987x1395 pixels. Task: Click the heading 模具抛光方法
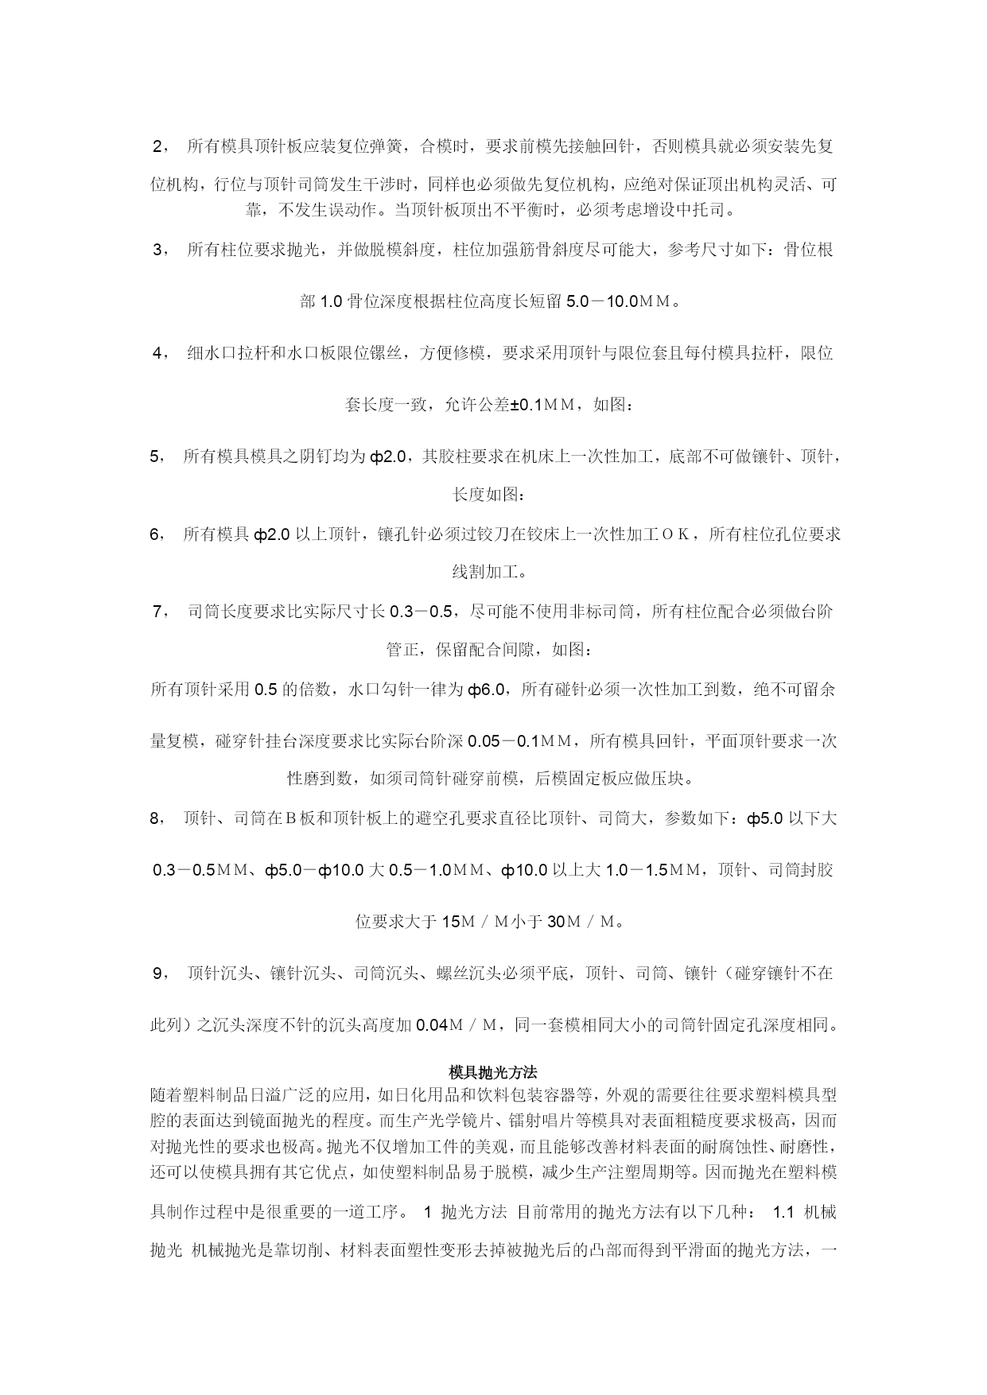[x=493, y=1073]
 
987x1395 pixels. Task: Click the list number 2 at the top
[x=157, y=146]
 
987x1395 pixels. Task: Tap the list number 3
[x=157, y=250]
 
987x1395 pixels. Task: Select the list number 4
[x=157, y=353]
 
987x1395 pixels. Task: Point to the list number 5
[x=156, y=457]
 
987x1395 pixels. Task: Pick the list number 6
[x=156, y=534]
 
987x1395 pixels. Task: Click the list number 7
[x=157, y=612]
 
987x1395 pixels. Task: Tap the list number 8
[x=156, y=818]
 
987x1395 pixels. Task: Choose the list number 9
[x=157, y=973]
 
